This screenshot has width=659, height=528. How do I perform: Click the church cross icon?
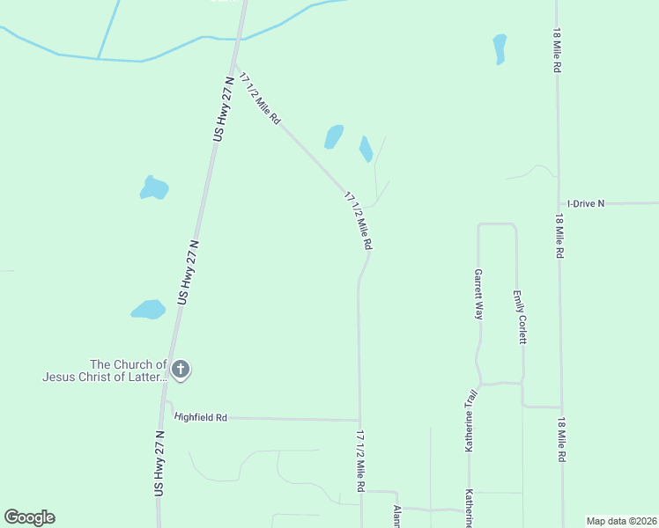coord(181,370)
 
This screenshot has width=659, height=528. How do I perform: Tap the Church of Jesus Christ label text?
coord(104,370)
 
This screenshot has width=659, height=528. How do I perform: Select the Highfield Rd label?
coord(201,417)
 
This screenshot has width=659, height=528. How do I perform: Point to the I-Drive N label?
coord(586,203)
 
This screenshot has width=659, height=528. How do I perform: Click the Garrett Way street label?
coord(478,294)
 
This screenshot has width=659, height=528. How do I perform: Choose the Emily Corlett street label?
coord(522,317)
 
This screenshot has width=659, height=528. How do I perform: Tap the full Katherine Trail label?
coord(470,421)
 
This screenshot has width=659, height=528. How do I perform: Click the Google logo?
coord(29,517)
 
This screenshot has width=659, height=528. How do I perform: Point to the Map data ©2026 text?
coord(621,520)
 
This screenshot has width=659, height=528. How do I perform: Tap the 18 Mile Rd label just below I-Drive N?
coord(559,236)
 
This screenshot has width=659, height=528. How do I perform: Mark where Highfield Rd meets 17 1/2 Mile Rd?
coord(359,420)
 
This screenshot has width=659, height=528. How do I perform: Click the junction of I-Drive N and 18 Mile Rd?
coord(558,203)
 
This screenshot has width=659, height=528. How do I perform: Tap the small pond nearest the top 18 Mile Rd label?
coord(500,48)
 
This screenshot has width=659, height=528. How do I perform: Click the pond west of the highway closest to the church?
coord(148,310)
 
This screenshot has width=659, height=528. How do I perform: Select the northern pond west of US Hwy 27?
coord(153,187)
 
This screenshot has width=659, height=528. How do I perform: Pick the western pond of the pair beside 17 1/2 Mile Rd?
coord(334,136)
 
